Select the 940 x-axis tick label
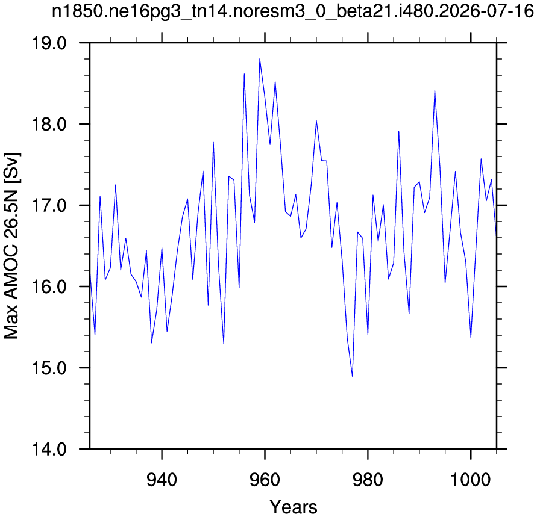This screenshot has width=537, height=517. click(x=162, y=480)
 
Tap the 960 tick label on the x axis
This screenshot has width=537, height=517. click(x=265, y=480)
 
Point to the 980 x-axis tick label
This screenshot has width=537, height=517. click(x=368, y=480)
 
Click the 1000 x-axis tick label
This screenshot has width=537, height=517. click(x=471, y=480)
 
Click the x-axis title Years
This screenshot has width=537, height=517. click(x=293, y=507)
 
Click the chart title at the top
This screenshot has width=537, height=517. click(x=293, y=11)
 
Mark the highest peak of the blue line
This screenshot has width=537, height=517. click(x=260, y=59)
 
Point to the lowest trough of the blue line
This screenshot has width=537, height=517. click(x=353, y=376)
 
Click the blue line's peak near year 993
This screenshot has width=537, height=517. click(x=435, y=91)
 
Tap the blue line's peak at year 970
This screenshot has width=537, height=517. click(x=316, y=121)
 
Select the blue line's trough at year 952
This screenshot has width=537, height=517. click(x=224, y=344)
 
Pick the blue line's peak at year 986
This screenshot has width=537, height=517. click(x=398, y=131)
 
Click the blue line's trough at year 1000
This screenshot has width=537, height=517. click(x=471, y=337)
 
